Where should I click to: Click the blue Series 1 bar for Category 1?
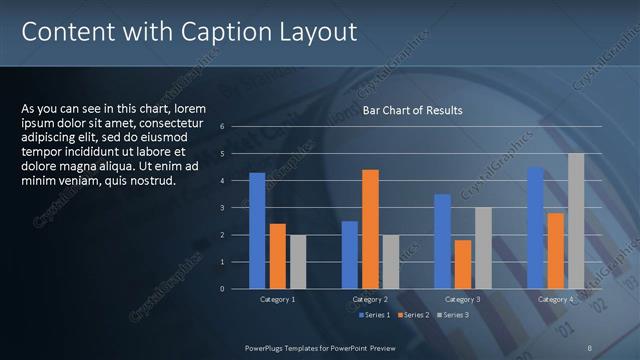(x=257, y=231)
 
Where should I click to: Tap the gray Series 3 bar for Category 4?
(x=576, y=221)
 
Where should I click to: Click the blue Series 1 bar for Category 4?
(x=535, y=228)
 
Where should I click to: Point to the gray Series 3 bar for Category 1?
(x=297, y=262)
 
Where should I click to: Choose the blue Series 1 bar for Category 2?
(x=349, y=255)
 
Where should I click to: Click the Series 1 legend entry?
(x=374, y=316)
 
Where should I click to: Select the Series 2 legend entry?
(x=412, y=316)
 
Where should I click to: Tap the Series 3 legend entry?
(x=451, y=316)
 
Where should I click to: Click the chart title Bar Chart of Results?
(x=412, y=111)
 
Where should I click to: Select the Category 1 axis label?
(x=277, y=299)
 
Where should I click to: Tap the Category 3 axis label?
(x=462, y=299)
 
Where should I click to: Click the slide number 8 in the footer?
(x=591, y=348)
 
